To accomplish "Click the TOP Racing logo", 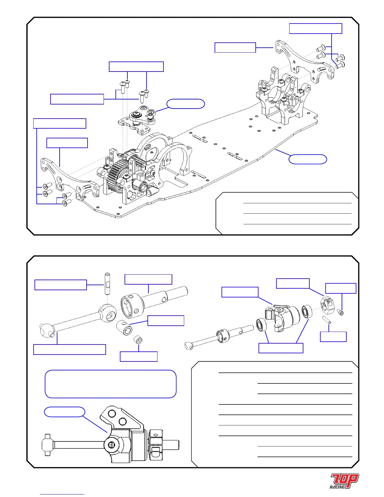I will [x=344, y=481].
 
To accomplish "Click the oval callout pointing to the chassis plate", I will [x=307, y=159].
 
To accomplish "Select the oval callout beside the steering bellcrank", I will [x=185, y=104].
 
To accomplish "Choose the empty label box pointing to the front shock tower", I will [x=235, y=47].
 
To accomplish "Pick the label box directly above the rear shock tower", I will [x=67, y=143].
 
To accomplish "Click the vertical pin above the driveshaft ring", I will [x=107, y=283].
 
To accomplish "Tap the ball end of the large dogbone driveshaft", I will [x=46, y=330].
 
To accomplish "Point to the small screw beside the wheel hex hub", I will [x=341, y=312].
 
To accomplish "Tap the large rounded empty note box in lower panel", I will [x=110, y=384].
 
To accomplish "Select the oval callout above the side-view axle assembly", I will [x=64, y=412].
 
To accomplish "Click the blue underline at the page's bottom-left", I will [x=62, y=494].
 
